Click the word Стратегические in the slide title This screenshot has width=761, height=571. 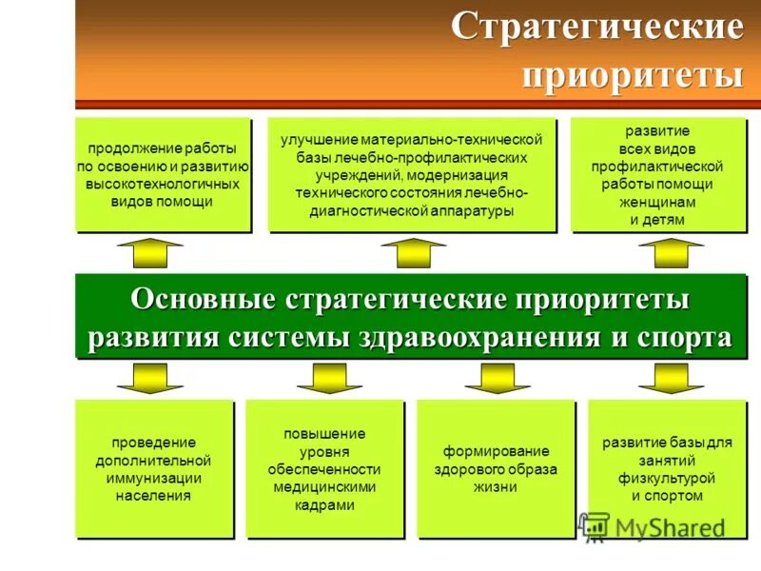click(596, 28)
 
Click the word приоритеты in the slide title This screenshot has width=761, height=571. click(632, 74)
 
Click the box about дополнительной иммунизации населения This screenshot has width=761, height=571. click(153, 468)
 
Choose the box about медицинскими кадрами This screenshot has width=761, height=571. click(323, 468)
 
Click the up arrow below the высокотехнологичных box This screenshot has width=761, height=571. click(149, 254)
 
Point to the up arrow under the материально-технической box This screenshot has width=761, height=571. click(413, 254)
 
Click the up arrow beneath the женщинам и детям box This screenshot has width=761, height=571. click(671, 254)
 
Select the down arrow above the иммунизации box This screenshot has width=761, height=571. click(150, 377)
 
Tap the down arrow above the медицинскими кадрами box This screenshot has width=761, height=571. click(329, 377)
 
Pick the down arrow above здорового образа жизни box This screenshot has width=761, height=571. click(498, 377)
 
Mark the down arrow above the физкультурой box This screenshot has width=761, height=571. click(671, 377)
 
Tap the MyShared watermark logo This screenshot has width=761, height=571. click(651, 526)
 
